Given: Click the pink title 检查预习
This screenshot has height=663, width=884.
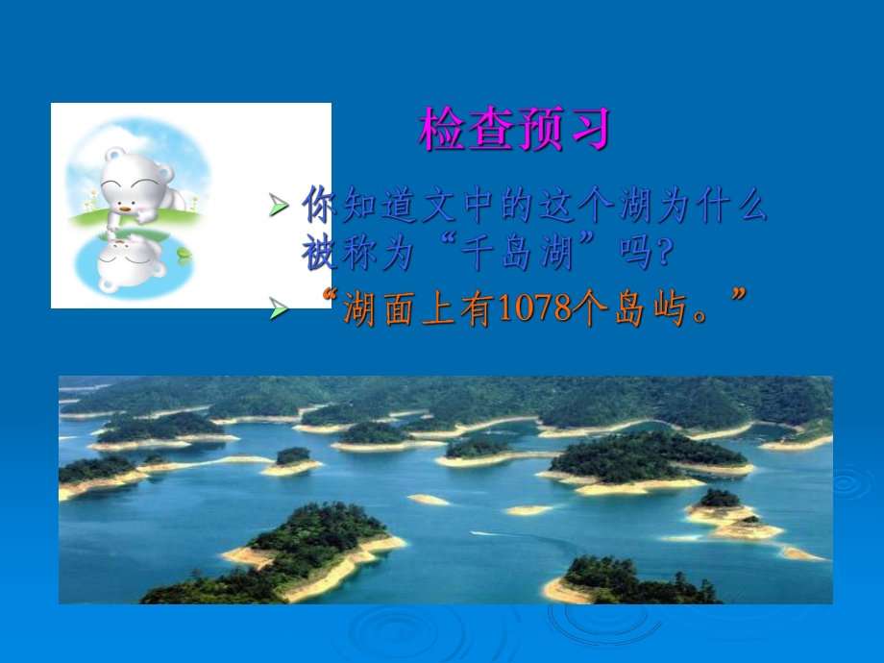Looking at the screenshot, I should pos(514,130).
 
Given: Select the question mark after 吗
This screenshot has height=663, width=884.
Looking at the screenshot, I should pos(663,256).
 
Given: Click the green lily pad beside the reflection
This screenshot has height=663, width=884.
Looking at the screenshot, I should pos(184,253).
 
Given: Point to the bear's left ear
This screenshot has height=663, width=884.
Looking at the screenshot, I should pos(112,156).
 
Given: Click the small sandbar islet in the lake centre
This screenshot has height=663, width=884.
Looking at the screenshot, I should pos(429,500).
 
